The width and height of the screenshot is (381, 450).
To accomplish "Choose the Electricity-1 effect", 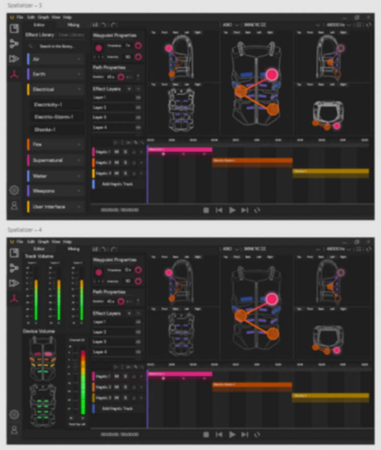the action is pyautogui.click(x=56, y=105).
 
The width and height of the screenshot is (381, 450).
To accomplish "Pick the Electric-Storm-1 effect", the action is pyautogui.click(x=56, y=117).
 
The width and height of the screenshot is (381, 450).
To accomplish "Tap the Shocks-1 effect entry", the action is pyautogui.click(x=56, y=130).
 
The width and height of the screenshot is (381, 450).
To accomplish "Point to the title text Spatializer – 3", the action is pyautogui.click(x=24, y=5).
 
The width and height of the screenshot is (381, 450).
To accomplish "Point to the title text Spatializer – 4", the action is pyautogui.click(x=24, y=230).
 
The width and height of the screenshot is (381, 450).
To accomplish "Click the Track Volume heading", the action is pyautogui.click(x=39, y=256).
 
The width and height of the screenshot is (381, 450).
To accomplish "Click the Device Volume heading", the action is pyautogui.click(x=40, y=332).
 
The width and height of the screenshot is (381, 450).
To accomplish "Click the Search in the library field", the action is pyautogui.click(x=56, y=46).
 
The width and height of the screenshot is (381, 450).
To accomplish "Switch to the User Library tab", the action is pyautogui.click(x=71, y=35).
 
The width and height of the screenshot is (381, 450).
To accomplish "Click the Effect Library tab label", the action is pyautogui.click(x=40, y=35).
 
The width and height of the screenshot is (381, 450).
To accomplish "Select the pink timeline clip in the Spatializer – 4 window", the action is pyautogui.click(x=180, y=374).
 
